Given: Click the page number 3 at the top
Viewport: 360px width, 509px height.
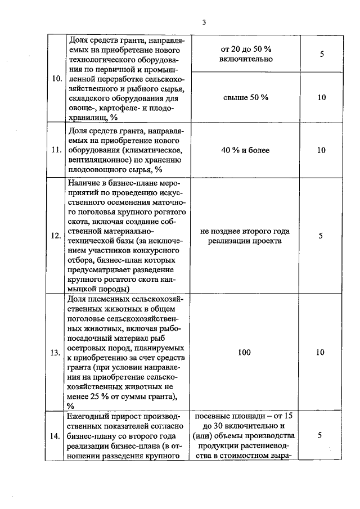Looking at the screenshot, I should pos(205,22).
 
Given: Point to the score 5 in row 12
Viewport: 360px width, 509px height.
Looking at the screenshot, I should pos(321,236).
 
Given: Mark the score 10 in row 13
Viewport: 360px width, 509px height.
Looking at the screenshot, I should pos(321,353).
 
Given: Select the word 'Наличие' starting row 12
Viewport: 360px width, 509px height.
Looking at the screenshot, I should pos(83,183).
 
